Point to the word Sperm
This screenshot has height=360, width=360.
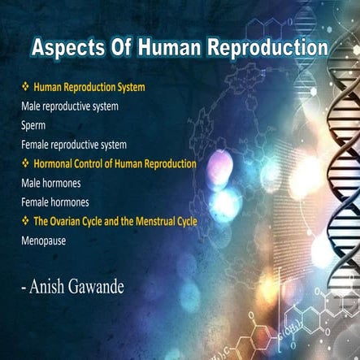coord(34,125)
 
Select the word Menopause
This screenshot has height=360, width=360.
coord(45,241)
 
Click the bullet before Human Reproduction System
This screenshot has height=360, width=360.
coord(25,87)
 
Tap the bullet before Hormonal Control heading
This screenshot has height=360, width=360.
coord(25,163)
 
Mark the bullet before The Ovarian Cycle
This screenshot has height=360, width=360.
coord(25,221)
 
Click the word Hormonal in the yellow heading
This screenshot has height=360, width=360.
coord(55,163)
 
